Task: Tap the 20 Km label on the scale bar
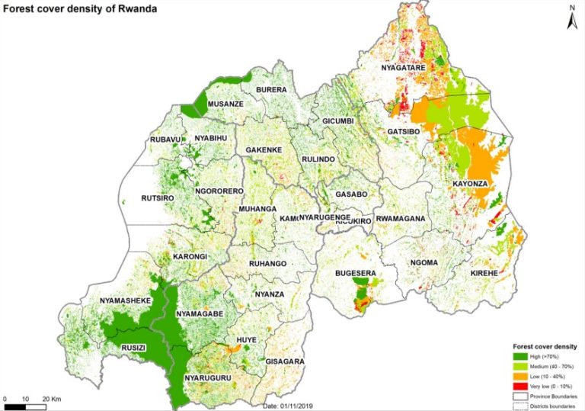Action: click(51, 400)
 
